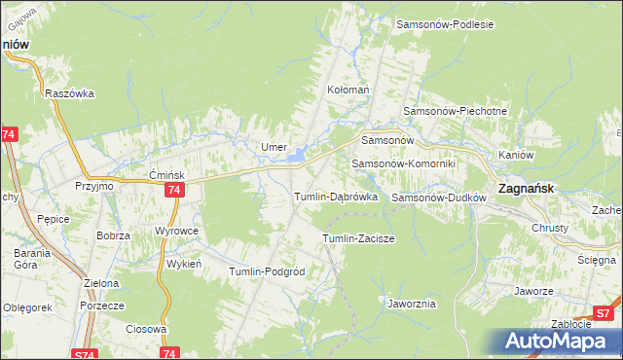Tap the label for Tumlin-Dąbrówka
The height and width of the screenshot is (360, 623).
pyautogui.click(x=336, y=197)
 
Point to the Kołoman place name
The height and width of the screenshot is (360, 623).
pyautogui.click(x=349, y=90)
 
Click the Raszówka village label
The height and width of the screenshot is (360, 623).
pyautogui.click(x=69, y=93)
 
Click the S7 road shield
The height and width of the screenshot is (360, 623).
pyautogui.click(x=604, y=313)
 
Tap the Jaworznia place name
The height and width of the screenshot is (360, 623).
pyautogui.click(x=411, y=304)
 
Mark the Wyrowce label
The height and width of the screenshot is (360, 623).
pyautogui.click(x=177, y=231)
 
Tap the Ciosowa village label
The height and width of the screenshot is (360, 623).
pyautogui.click(x=147, y=329)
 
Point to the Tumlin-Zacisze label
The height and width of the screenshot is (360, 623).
pyautogui.click(x=357, y=238)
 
